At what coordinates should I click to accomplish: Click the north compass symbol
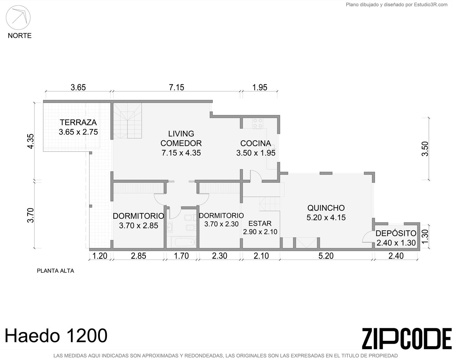point(18,17)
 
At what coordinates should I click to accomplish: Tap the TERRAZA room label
point(78,122)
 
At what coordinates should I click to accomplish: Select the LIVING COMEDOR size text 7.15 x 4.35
point(181,153)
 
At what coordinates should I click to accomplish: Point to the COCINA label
point(256,143)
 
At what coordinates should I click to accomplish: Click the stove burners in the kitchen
point(258,123)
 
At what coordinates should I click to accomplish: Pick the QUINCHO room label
point(326,208)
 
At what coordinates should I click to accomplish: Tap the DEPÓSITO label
point(396,233)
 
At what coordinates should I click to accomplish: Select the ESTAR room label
point(260,223)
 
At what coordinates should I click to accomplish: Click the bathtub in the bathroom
point(184,242)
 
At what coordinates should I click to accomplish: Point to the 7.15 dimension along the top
point(176,87)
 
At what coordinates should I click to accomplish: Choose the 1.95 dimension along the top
point(260,87)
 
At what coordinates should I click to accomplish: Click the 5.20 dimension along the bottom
point(326,256)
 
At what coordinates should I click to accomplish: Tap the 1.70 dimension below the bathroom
point(181,256)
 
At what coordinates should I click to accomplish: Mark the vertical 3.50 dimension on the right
point(425,149)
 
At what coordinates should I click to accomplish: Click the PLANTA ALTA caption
point(55,271)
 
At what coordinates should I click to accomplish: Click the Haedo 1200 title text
point(56,336)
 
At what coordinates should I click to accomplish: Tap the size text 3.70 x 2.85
point(138,226)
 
